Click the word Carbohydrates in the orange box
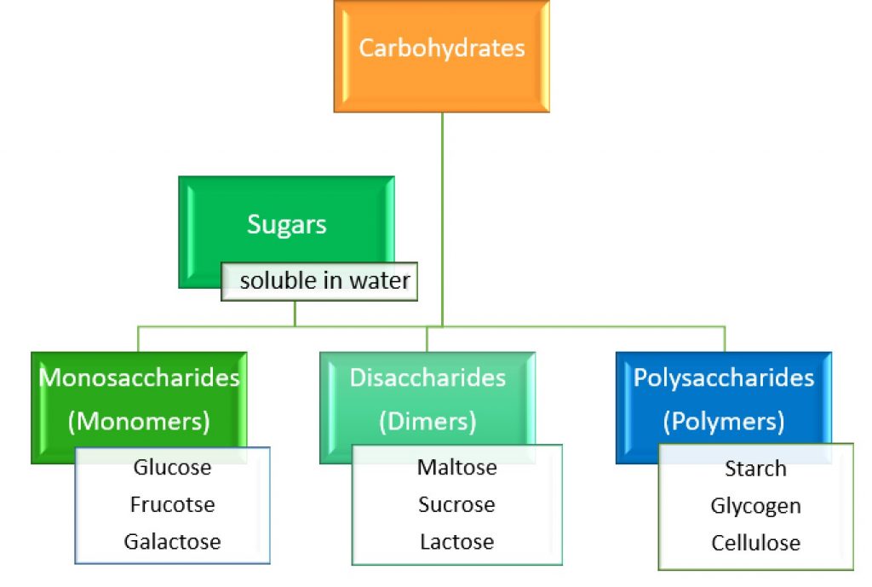point(441,48)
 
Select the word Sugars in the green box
point(287,224)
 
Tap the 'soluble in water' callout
point(324,280)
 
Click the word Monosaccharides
point(140,377)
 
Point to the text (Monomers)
point(140,421)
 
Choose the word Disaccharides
point(427,377)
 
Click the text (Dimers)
point(427,421)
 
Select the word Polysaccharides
point(724,377)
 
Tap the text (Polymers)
point(724,421)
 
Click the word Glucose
point(172,467)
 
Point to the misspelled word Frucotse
point(172,504)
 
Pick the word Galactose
point(172,542)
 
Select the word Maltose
point(456,467)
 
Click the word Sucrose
point(456,504)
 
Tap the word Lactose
point(456,542)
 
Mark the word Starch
point(755,469)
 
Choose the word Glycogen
point(755,506)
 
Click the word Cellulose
point(755,544)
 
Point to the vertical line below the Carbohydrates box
point(442,213)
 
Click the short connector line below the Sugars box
point(295,314)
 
